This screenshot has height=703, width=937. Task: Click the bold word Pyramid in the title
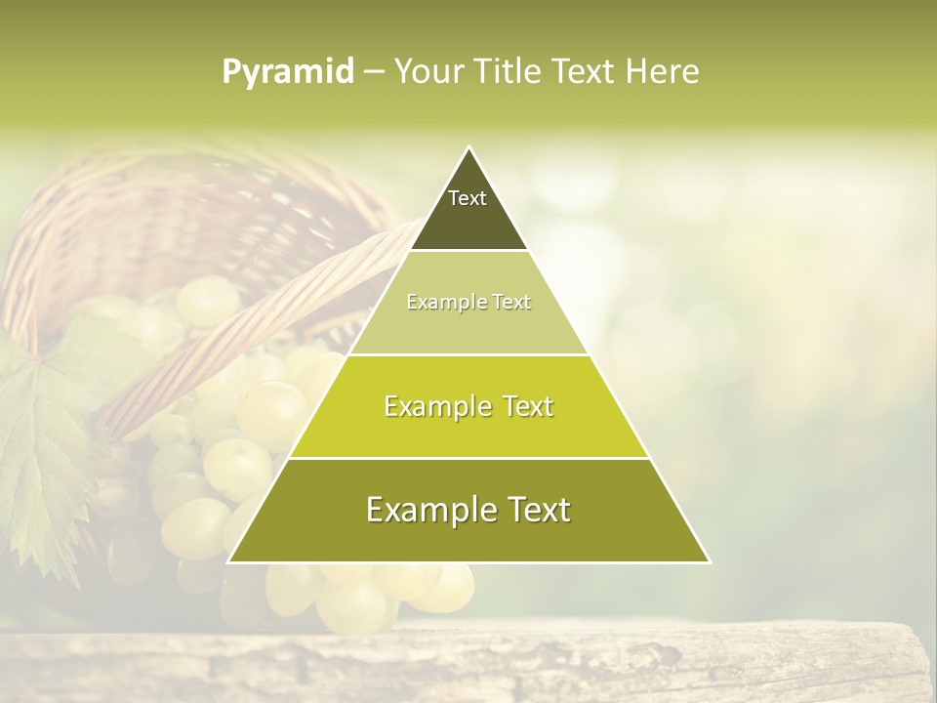point(287,72)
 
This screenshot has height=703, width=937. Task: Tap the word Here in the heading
point(663,72)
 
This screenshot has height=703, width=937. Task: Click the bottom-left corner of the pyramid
point(229,561)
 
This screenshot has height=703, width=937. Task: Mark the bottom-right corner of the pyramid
point(709,561)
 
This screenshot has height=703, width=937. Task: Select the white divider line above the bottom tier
point(468,458)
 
